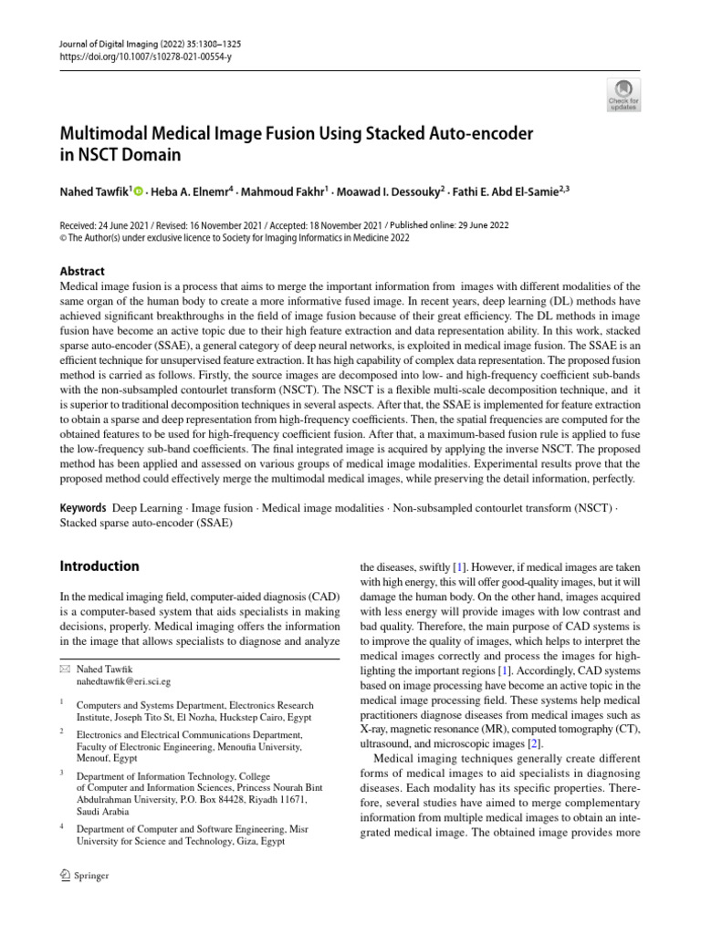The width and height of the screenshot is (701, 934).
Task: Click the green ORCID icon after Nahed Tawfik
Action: point(139,191)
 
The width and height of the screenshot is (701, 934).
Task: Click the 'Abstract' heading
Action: point(81,271)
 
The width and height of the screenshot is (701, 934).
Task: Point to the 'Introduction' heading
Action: point(99,566)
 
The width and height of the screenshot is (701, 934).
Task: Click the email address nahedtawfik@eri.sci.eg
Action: point(123,680)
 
